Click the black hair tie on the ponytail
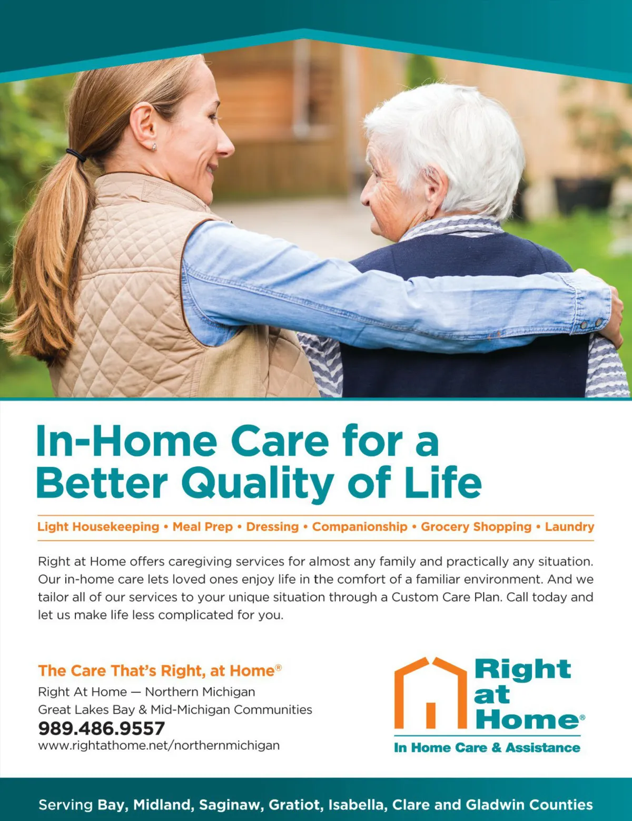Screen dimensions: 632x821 [76, 154]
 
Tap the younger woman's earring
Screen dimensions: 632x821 [154, 146]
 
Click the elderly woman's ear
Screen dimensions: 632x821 [436, 185]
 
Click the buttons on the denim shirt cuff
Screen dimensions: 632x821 [591, 324]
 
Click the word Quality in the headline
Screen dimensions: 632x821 [258, 484]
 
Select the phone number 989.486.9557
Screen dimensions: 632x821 [102, 728]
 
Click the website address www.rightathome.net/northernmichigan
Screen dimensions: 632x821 [159, 746]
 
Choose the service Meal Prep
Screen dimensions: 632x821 [203, 527]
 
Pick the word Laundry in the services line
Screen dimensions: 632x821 [569, 527]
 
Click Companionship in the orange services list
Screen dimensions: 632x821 [360, 526]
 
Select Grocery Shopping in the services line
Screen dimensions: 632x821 [476, 527]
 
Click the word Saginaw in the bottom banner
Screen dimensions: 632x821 [230, 805]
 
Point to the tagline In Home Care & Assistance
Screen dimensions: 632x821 [487, 748]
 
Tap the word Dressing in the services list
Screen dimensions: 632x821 [273, 527]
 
